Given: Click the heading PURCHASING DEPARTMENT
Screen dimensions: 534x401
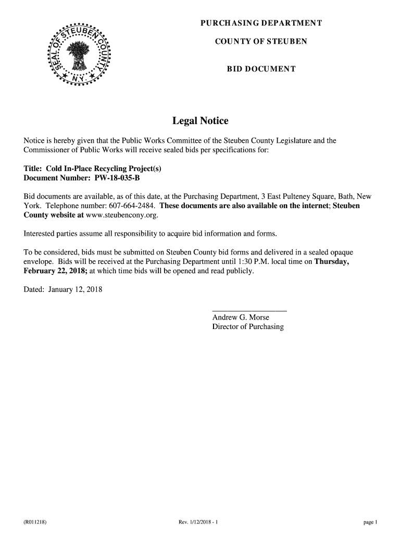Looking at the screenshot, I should click(261, 23).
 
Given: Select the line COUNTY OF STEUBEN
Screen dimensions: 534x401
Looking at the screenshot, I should click(261, 41).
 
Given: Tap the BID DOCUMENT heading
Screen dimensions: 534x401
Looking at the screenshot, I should click(261, 69).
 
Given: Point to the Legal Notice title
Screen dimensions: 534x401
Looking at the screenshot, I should click(200, 121).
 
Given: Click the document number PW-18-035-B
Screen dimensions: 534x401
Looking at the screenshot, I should click(117, 178).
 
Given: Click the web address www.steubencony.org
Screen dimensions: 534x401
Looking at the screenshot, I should click(121, 215).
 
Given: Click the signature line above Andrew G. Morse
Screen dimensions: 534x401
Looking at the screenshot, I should click(249, 311).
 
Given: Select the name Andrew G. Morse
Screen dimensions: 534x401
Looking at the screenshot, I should click(241, 317).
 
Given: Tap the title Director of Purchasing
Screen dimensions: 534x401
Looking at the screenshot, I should click(248, 326).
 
